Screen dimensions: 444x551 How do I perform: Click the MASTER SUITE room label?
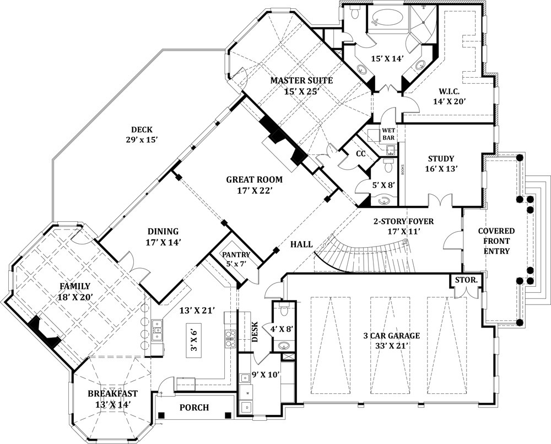[x=301, y=81]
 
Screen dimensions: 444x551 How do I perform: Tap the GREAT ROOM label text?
[x=254, y=179]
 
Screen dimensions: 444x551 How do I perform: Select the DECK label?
[x=142, y=130]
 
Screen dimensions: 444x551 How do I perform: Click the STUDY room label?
[x=440, y=159]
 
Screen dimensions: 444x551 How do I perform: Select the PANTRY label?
[x=236, y=255]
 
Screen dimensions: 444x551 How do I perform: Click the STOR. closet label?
[x=466, y=280]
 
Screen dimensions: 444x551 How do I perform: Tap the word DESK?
[x=255, y=333]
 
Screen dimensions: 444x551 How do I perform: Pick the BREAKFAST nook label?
[x=112, y=394]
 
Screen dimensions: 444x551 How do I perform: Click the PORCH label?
[x=194, y=408]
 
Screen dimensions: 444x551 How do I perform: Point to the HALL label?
[x=301, y=244]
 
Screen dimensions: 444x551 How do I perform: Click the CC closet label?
[x=361, y=154]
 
